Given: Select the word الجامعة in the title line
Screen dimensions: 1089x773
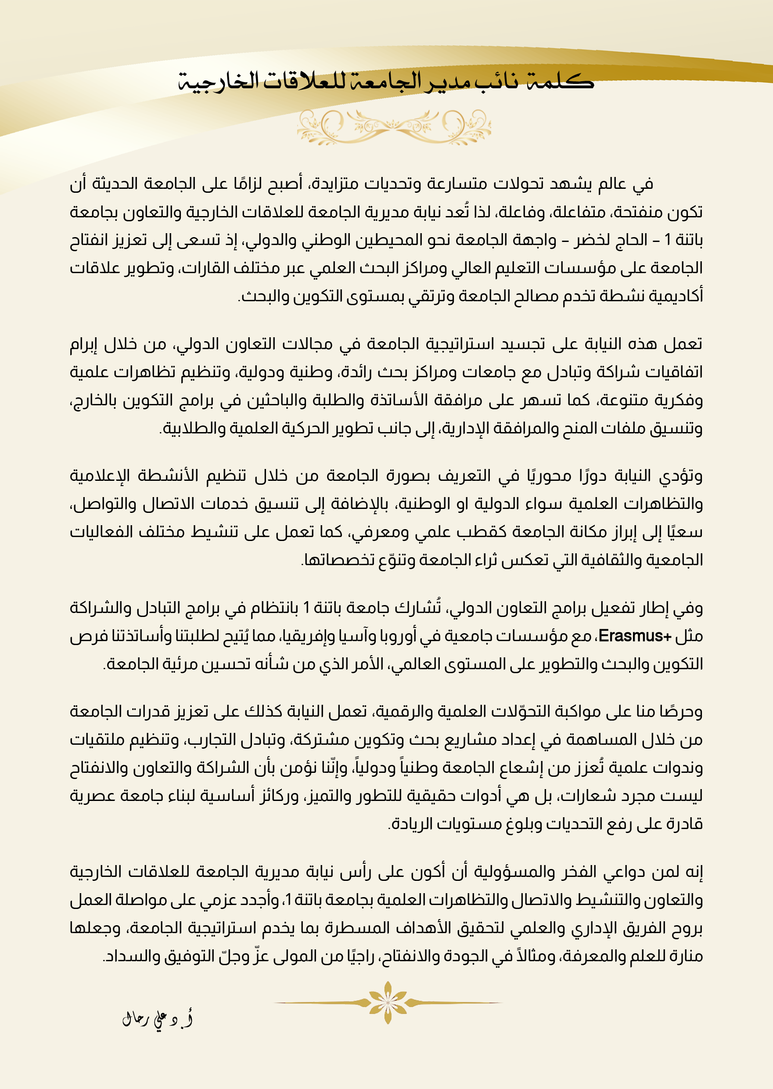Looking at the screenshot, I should click(386, 81).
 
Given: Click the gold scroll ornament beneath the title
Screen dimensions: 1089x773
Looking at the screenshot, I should click(394, 126).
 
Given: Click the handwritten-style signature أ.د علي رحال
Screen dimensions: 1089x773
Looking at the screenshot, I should click(158, 1020).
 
